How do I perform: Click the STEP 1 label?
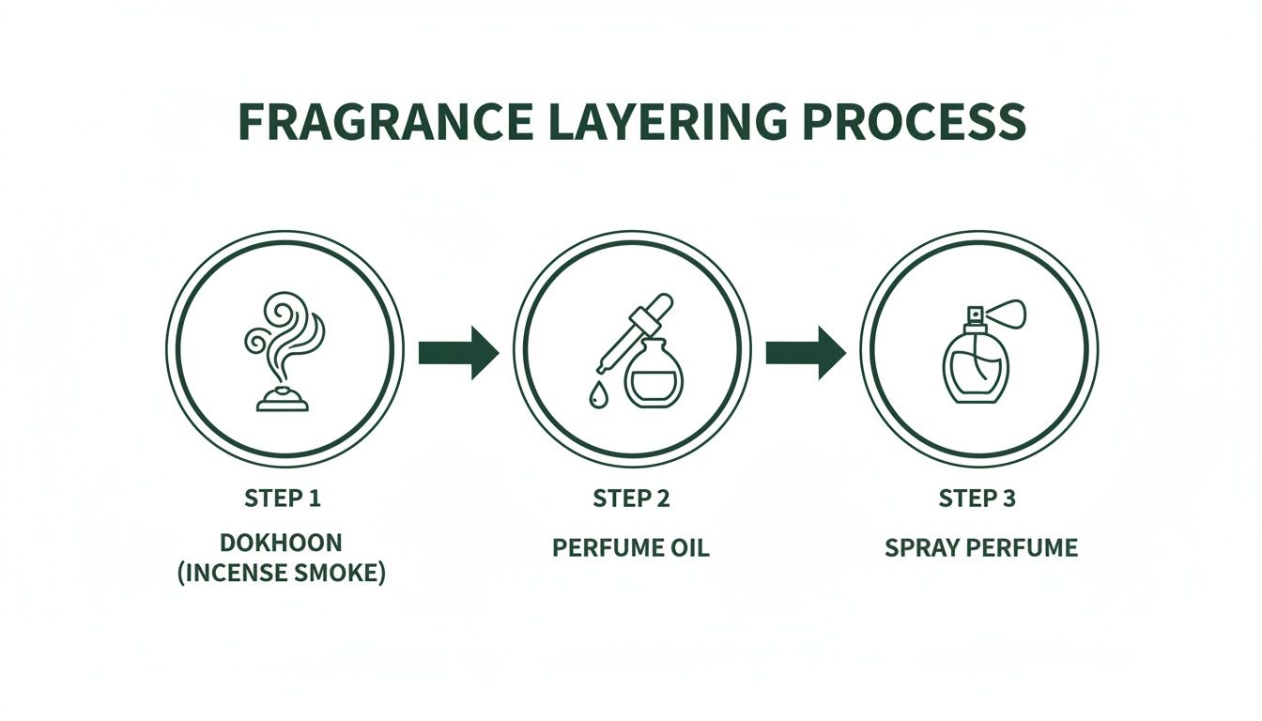click(283, 499)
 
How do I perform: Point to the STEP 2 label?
click(631, 499)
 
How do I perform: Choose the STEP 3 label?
click(977, 499)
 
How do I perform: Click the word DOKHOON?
click(283, 543)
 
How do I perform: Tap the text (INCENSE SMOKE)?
click(283, 574)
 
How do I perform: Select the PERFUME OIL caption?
click(631, 547)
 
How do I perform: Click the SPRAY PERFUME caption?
click(981, 547)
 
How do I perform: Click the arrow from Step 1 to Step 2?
click(457, 353)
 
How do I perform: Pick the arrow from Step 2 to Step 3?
click(805, 353)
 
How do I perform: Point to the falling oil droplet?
click(597, 398)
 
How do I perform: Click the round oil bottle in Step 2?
click(654, 376)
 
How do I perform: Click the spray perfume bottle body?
click(976, 369)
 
